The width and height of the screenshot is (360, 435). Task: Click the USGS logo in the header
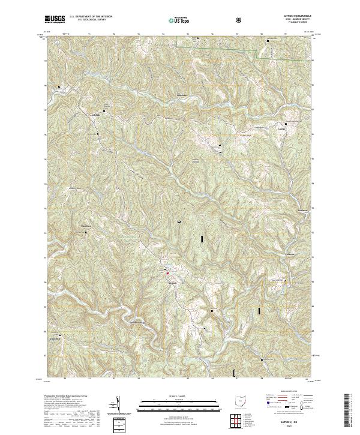pos(55,19)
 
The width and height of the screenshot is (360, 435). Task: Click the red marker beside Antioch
pos(167,274)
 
